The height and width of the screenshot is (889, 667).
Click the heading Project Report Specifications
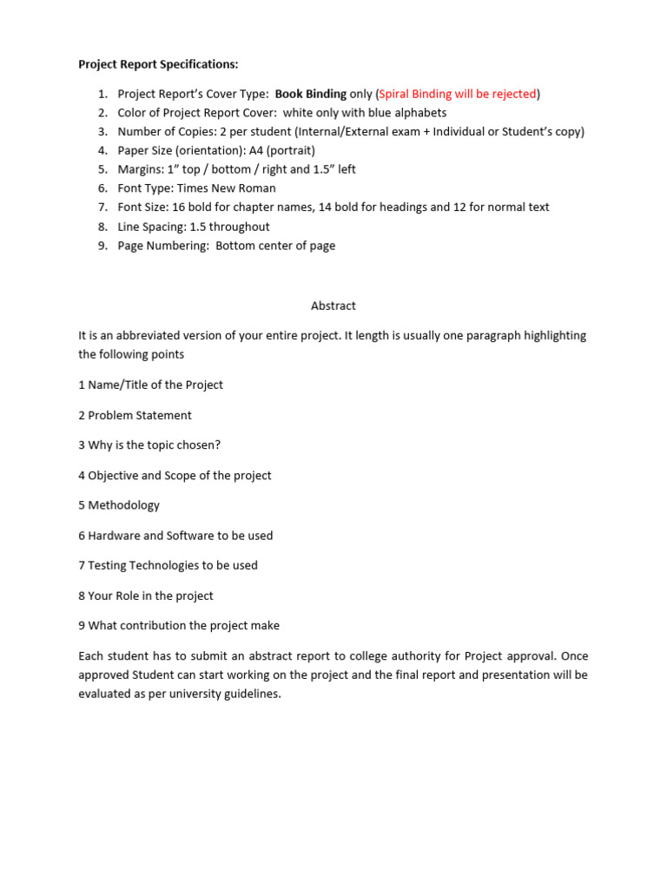click(158, 64)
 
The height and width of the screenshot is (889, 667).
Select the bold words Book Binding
click(311, 94)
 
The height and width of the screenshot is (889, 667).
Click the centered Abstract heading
click(333, 306)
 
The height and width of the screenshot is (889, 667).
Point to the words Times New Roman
click(234, 188)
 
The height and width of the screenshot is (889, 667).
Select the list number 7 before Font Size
click(102, 207)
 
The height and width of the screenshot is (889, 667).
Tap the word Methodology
click(124, 505)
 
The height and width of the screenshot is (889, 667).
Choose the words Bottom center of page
click(275, 246)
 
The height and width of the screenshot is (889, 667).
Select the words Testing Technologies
click(143, 565)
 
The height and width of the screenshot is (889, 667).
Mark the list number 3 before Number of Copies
click(102, 132)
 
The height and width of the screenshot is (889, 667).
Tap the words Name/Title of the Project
click(155, 385)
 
